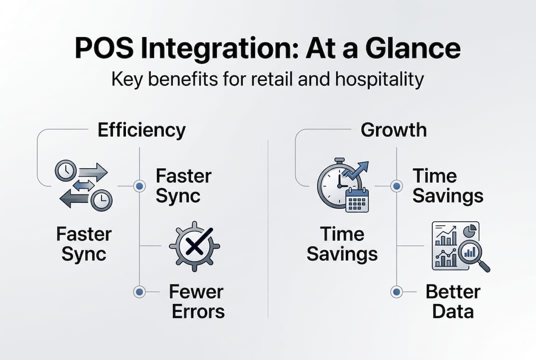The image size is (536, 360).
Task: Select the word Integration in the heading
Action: coord(223,49)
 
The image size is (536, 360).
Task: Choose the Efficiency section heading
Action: coord(141,130)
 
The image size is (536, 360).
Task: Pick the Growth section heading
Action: coord(394,130)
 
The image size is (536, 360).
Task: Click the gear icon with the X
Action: coord(194,245)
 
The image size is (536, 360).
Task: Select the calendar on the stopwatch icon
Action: coord(357,200)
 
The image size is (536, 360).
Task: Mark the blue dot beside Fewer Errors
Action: coord(139,291)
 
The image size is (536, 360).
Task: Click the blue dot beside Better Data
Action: coord(396,291)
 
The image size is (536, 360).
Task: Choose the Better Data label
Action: coord(453,301)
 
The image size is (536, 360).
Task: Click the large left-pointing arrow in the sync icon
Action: coord(75,200)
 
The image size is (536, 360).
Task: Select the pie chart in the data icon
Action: coord(470,231)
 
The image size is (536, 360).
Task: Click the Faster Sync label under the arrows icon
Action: coord(84,244)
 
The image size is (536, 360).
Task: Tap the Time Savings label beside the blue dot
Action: coord(448,186)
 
